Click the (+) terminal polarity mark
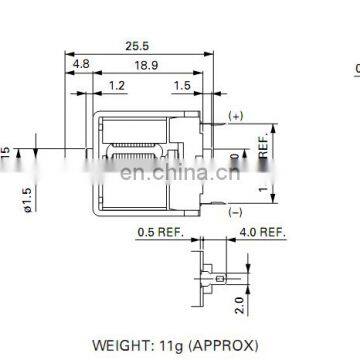point(235,116)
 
